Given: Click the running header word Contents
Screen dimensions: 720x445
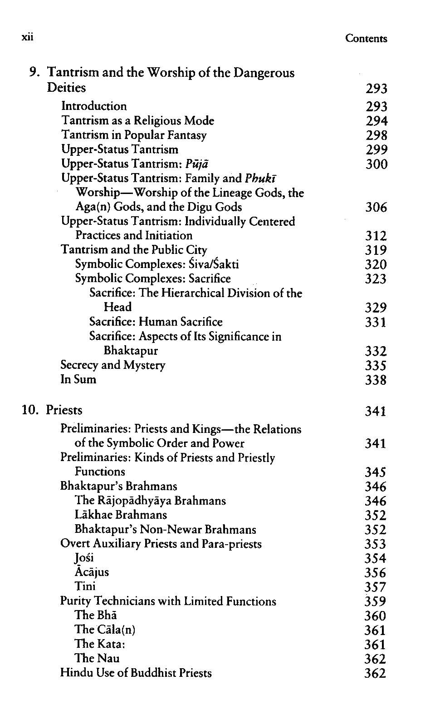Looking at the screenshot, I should click(366, 39).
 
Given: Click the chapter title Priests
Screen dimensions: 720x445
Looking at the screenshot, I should click(64, 410).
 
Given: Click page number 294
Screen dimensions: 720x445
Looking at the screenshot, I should click(376, 121).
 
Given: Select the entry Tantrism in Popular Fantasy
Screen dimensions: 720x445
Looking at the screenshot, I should click(134, 135).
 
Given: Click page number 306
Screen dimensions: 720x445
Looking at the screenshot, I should click(376, 208).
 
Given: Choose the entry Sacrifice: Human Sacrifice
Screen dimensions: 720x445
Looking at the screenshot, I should click(156, 322).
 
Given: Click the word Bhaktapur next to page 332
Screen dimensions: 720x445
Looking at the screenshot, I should click(131, 351).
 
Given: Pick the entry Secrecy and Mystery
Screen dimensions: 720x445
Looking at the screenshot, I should click(113, 365).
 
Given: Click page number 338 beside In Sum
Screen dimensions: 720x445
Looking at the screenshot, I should click(376, 380).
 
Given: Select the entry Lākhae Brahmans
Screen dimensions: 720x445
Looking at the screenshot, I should click(121, 515).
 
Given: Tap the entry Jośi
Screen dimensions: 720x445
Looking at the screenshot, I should click(84, 558).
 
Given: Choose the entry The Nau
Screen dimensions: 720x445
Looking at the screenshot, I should click(97, 658).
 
